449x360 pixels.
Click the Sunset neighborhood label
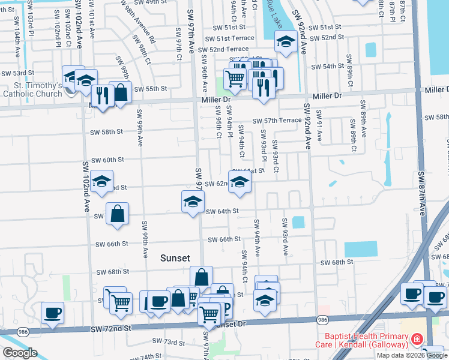tap(175, 258)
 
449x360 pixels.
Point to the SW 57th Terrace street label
tap(277, 121)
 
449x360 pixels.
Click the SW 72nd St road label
tap(111, 329)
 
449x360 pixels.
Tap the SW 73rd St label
tap(170, 342)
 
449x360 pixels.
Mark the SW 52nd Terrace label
tap(223, 49)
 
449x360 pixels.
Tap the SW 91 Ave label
tap(319, 127)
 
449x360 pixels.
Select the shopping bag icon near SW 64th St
tap(118, 214)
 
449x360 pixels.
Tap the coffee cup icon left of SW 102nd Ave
tap(52, 312)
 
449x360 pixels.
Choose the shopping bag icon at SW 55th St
tap(121, 92)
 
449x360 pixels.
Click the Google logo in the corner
tap(20, 353)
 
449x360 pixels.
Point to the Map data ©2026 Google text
tap(412, 355)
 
